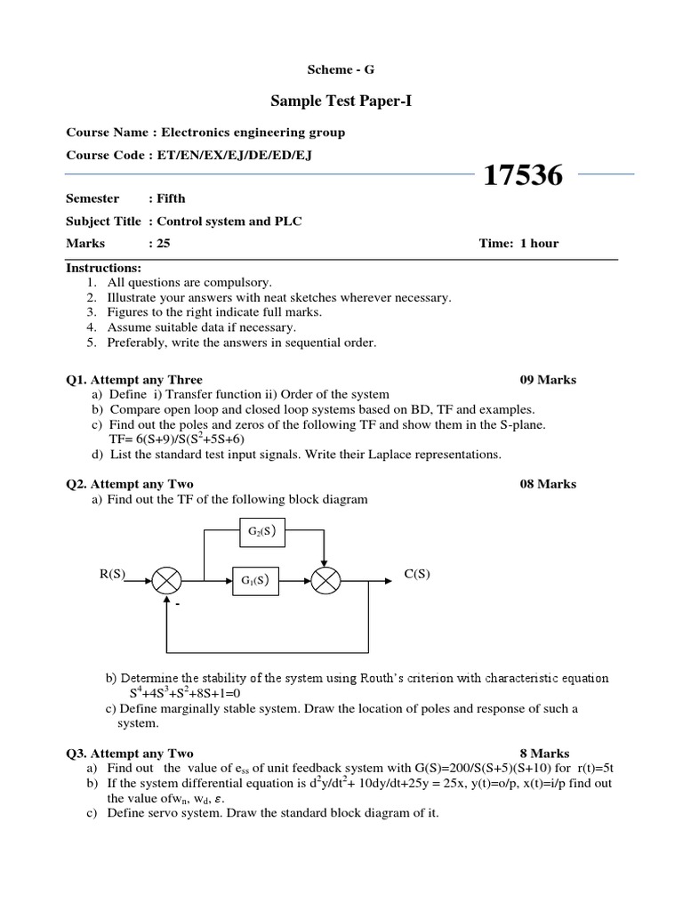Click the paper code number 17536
tap(523, 176)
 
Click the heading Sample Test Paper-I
tap(341, 101)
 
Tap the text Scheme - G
tap(341, 69)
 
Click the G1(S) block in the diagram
tap(255, 582)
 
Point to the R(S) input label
tap(114, 574)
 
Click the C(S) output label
tap(416, 574)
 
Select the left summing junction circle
tap(166, 582)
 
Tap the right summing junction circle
tap(325, 582)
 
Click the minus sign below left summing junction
tap(176, 604)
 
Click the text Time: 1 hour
tap(518, 243)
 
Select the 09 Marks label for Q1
tap(547, 380)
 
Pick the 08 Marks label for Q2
tap(547, 484)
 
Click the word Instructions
tap(103, 268)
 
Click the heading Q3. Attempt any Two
tap(130, 754)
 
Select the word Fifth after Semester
tap(171, 198)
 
